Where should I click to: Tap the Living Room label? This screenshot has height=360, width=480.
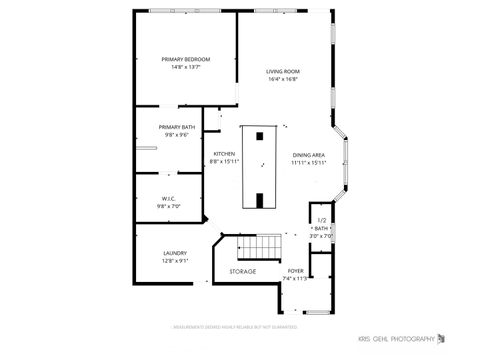point(283,72)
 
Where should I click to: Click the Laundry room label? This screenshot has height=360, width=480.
point(175,253)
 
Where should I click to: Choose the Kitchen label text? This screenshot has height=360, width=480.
point(224,153)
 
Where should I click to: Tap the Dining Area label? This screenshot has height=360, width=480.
point(309,154)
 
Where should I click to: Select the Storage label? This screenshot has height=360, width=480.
point(243,272)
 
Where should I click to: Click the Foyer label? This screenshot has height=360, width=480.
point(296,271)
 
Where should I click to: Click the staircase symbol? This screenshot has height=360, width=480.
point(260,246)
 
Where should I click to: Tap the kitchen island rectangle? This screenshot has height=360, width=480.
point(259,167)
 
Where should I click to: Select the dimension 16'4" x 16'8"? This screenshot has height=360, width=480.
point(283,81)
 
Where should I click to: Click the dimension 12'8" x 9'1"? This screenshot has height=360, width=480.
point(175,261)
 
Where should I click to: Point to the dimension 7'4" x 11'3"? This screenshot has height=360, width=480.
point(296,279)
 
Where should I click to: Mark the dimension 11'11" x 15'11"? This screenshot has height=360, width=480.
point(309,162)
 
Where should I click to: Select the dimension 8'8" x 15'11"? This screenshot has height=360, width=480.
point(224,161)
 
